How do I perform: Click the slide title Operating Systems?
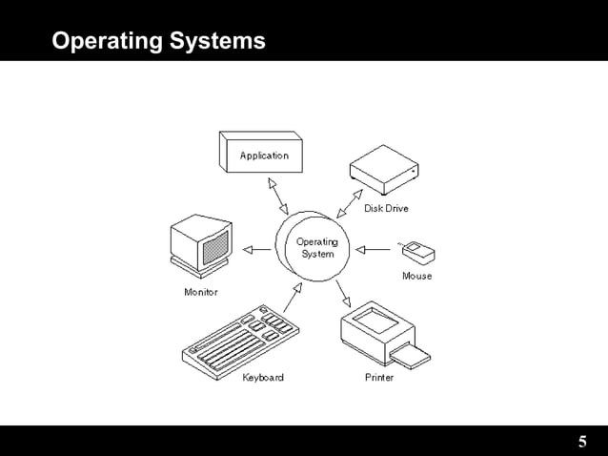[x=158, y=42]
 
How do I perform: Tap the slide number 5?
[x=582, y=442]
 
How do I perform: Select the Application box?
[x=261, y=154]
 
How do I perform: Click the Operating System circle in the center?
[x=314, y=248]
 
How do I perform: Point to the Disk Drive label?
[x=386, y=208]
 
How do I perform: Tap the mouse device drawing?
[x=418, y=252]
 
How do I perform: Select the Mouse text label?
[x=416, y=276]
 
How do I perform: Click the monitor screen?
[x=214, y=245]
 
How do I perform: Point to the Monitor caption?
[x=200, y=292]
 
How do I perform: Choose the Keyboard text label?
[x=262, y=378]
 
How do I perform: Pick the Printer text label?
[x=379, y=378]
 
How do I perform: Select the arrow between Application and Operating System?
[x=277, y=195]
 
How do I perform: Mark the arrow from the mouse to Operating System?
[x=373, y=250]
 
